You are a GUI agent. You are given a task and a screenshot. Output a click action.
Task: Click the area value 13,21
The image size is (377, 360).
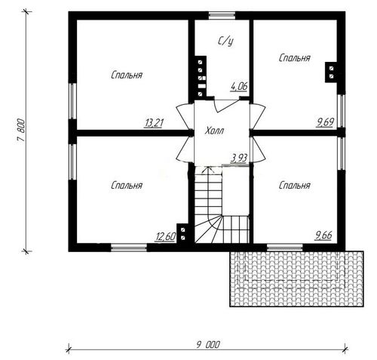click(154, 123)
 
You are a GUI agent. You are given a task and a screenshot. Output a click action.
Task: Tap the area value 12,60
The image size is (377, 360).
click(165, 236)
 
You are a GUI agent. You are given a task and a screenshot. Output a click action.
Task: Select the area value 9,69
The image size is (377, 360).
click(325, 122)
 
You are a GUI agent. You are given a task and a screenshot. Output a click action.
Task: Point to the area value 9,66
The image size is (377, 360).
click(323, 235)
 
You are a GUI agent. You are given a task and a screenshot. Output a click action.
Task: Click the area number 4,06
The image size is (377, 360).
click(239, 87)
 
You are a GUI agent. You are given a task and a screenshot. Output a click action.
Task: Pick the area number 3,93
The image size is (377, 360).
click(239, 158)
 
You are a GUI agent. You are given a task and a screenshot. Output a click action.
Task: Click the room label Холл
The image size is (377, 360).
click(214, 131)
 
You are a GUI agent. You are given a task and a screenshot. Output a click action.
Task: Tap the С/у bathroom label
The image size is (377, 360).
click(225, 42)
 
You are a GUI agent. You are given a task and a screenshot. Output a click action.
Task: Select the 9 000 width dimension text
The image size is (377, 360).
click(208, 345)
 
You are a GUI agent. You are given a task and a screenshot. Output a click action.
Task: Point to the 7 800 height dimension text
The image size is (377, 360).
click(21, 131)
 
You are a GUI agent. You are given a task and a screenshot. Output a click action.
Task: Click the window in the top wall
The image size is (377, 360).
click(222, 16)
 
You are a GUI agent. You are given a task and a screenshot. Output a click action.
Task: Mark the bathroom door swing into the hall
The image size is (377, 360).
click(226, 106)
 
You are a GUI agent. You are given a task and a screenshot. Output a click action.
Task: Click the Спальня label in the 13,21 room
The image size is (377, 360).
click(127, 75)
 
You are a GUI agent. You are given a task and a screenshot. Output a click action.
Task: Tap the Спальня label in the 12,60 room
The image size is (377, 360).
click(127, 186)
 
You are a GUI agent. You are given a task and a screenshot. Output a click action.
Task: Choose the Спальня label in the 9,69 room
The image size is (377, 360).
click(295, 58)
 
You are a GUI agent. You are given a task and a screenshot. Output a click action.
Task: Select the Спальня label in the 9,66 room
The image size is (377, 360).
click(295, 186)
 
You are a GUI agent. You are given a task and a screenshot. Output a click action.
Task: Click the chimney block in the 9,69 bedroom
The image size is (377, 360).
click(331, 72)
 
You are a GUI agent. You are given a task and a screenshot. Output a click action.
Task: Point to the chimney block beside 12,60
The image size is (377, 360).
click(182, 233)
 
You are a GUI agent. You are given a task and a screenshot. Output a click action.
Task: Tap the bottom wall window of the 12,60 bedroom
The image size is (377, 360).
click(129, 248)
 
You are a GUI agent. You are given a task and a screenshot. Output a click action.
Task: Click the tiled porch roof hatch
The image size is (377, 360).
click(296, 278)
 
